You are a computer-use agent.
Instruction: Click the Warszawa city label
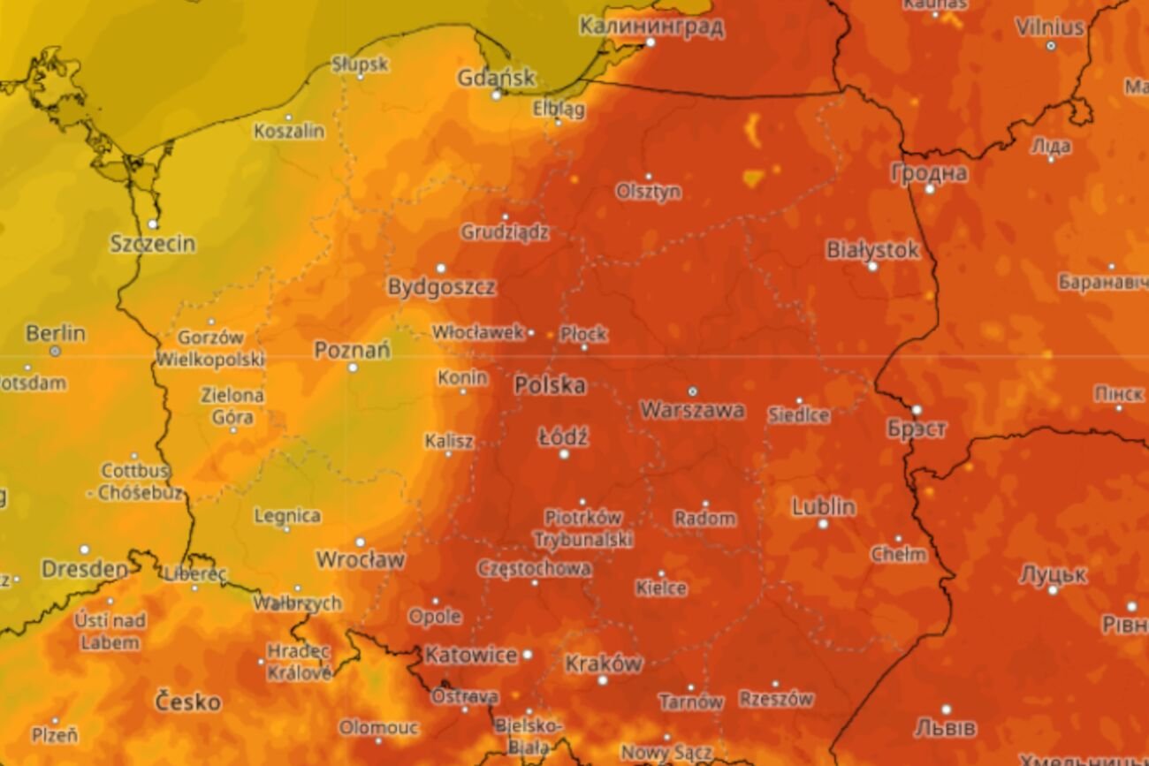(x=692, y=410)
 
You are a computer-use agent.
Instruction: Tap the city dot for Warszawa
(x=692, y=391)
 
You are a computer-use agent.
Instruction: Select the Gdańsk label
(x=496, y=78)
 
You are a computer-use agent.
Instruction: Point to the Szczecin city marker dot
(x=153, y=224)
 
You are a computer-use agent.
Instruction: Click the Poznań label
(x=352, y=350)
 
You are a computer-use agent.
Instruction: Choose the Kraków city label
(x=604, y=663)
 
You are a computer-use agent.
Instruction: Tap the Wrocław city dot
(x=360, y=542)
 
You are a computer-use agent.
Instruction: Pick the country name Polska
(x=550, y=385)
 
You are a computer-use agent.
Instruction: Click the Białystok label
(x=872, y=250)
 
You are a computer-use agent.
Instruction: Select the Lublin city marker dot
(x=823, y=524)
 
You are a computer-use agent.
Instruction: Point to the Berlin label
(x=56, y=334)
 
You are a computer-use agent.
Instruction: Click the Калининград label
(x=651, y=26)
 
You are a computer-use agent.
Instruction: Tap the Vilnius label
(x=1050, y=27)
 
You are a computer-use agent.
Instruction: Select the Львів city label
(x=945, y=728)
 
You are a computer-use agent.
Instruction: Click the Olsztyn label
(x=649, y=192)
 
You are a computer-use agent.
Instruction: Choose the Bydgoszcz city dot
(x=440, y=268)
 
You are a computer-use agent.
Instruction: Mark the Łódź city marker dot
(x=564, y=454)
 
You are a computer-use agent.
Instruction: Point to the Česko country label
(x=187, y=702)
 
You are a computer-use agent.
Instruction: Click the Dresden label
(x=85, y=569)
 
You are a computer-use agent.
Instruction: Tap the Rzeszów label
(x=775, y=699)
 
